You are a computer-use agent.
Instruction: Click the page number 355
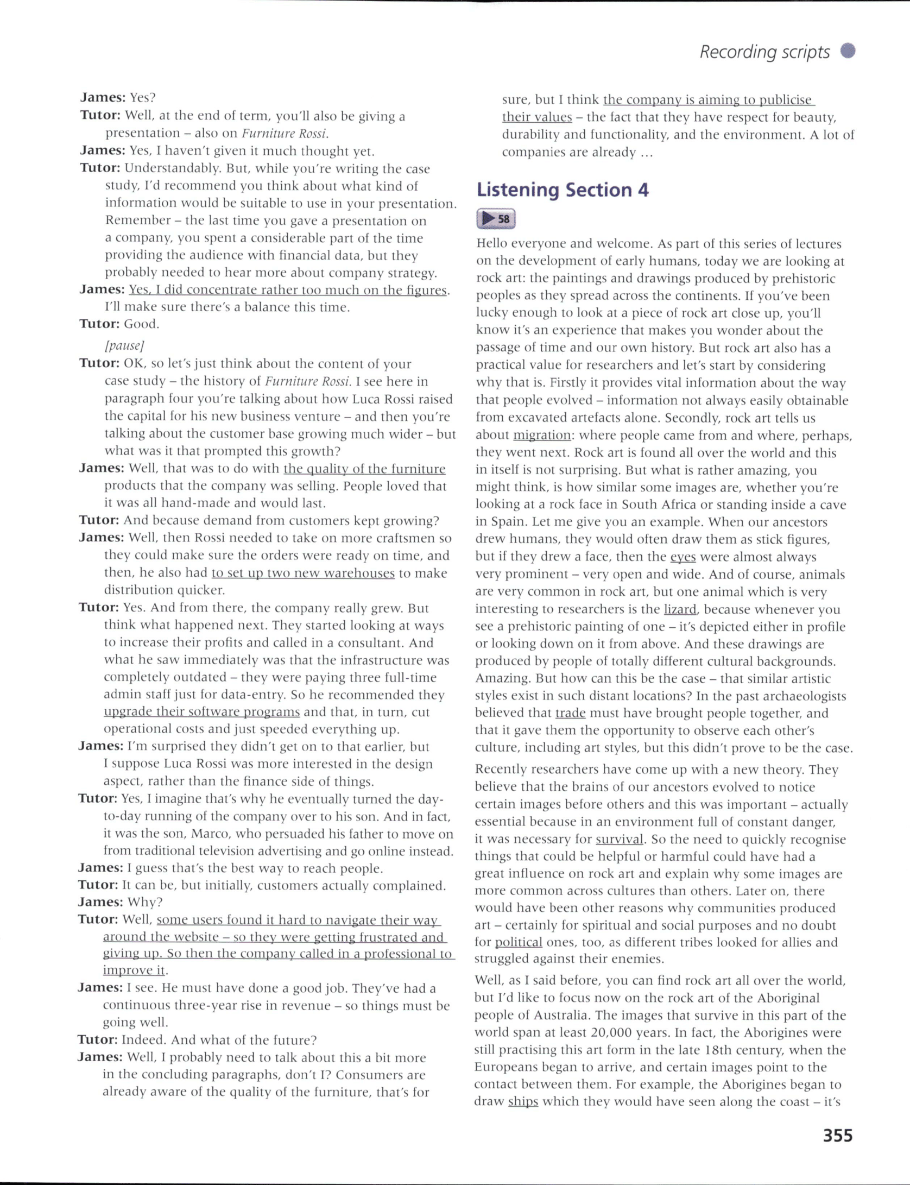tap(837, 1136)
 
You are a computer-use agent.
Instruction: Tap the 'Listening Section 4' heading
tap(563, 190)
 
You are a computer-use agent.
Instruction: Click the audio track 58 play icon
tap(495, 219)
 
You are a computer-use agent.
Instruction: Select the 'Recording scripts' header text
tap(764, 52)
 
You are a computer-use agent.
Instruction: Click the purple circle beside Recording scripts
tap(848, 51)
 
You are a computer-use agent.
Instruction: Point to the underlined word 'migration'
tap(542, 435)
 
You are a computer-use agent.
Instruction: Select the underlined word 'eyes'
tap(682, 557)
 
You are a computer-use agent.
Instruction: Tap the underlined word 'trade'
tap(570, 713)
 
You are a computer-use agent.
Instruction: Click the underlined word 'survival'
tap(619, 839)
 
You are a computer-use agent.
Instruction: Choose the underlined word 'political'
tap(518, 942)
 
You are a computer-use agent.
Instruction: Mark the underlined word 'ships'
tap(523, 1101)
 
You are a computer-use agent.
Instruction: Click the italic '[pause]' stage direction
tap(125, 345)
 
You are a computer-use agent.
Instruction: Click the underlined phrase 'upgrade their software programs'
tap(201, 711)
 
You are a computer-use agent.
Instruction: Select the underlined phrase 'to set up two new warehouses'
tap(303, 573)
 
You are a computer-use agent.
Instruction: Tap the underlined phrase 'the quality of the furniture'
tap(364, 469)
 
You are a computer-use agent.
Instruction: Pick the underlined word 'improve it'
tap(134, 970)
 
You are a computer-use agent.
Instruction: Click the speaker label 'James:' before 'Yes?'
tap(103, 98)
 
